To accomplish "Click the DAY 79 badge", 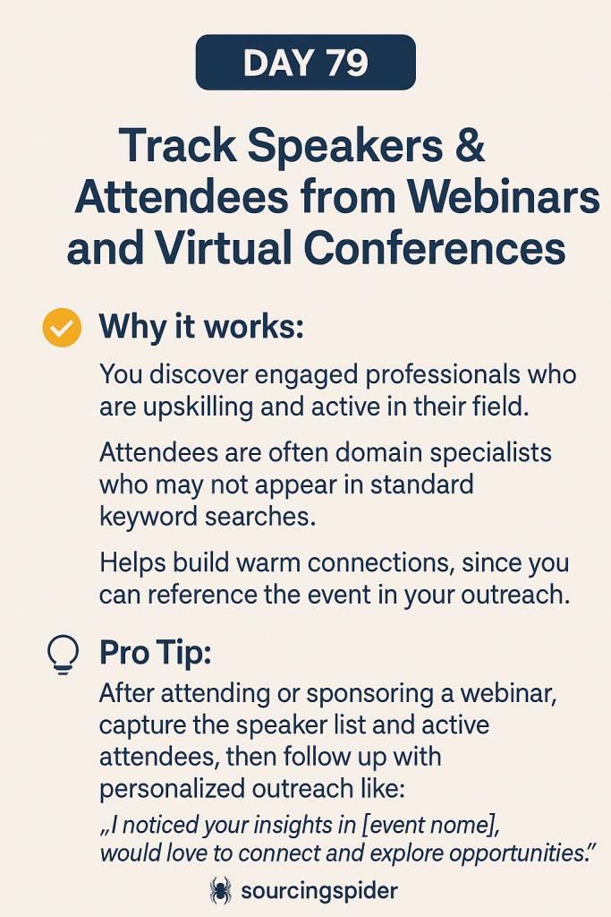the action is click(x=306, y=62).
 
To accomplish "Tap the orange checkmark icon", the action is click(x=62, y=328).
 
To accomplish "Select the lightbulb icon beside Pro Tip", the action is click(x=63, y=655).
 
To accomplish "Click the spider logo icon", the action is click(x=220, y=891).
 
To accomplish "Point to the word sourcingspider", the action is click(x=319, y=891).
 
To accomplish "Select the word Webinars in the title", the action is click(x=504, y=196).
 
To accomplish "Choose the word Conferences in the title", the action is click(x=435, y=247).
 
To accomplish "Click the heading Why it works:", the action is click(x=201, y=326).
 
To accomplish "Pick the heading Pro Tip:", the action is click(x=155, y=652).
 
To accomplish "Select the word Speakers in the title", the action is click(x=344, y=146).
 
